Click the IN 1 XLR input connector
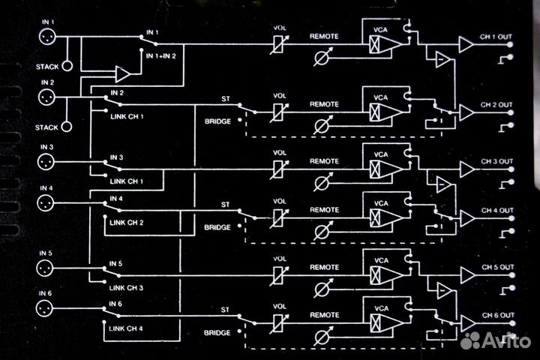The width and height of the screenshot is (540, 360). coord(46,37)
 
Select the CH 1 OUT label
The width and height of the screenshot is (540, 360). coord(497,36)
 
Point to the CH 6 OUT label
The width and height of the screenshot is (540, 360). coord(497,314)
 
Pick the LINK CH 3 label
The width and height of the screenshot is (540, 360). coord(126,287)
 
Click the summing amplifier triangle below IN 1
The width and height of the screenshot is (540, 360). coord(122,73)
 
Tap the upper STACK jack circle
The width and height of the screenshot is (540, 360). coord(67,66)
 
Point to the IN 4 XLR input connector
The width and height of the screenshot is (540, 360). coord(46,203)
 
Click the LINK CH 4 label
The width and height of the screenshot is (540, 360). coord(126,328)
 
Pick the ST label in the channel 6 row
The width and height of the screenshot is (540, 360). coord(224,308)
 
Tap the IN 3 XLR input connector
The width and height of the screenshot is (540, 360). coord(46,162)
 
